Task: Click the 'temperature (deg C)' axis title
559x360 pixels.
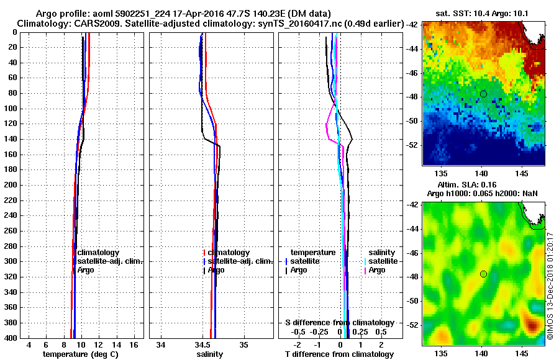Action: [x=80, y=354]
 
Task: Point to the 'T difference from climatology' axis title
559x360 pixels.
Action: [x=340, y=354]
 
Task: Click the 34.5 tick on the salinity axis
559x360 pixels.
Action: [x=202, y=344]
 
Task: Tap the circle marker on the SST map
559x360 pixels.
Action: [x=483, y=94]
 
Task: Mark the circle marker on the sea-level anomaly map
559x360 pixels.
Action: [x=483, y=274]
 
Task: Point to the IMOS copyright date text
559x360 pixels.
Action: [x=550, y=286]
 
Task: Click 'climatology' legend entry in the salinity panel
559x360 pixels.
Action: [x=229, y=253]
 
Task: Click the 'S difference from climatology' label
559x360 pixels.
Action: [x=339, y=323]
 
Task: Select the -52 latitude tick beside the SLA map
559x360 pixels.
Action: [x=414, y=325]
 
